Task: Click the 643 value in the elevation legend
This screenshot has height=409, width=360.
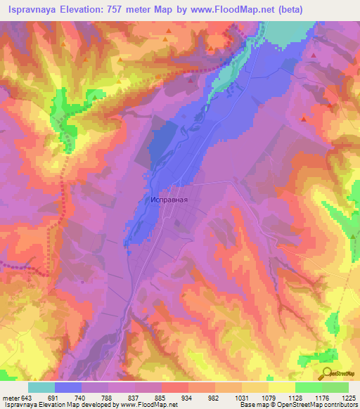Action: tap(24, 397)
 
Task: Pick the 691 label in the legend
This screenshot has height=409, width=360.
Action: tap(55, 397)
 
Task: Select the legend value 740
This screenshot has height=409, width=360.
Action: tap(82, 397)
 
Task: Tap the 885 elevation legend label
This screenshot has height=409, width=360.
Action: tap(161, 397)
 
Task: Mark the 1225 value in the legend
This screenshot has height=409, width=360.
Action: tap(347, 397)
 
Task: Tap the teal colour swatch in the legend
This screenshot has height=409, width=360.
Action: tap(41, 387)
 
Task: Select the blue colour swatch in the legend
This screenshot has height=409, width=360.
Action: tap(68, 387)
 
